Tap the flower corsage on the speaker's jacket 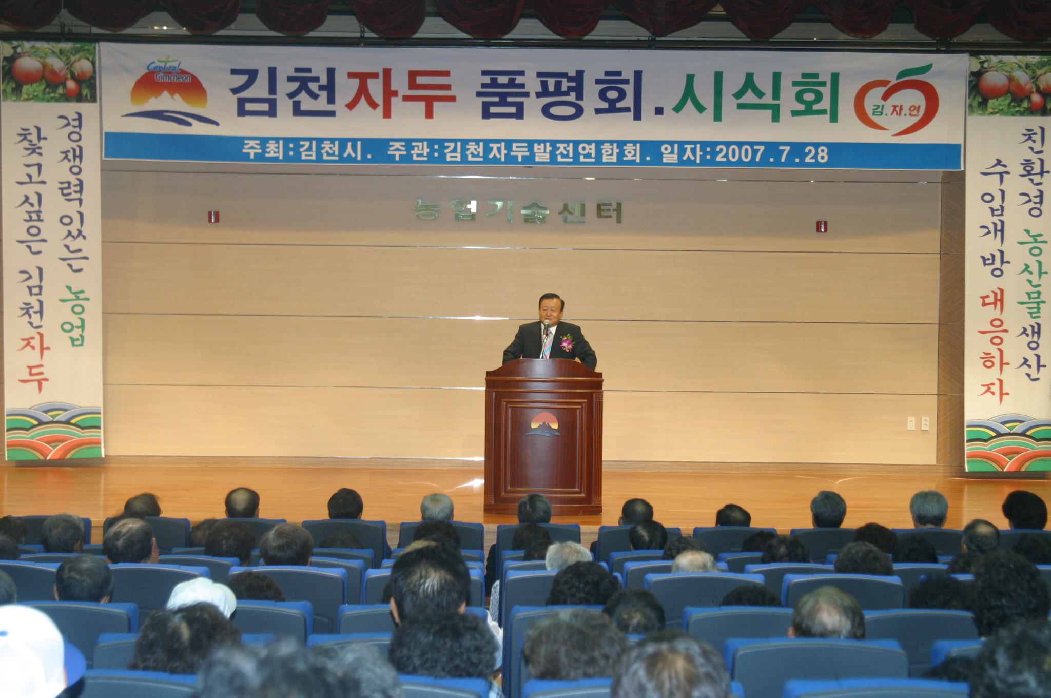click(566, 342)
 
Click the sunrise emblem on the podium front click(543, 424)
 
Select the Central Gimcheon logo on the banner click(170, 93)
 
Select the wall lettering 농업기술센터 click(518, 211)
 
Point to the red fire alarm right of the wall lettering click(822, 226)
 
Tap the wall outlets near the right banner click(918, 423)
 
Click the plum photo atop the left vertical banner click(49, 72)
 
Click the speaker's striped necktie click(548, 343)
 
